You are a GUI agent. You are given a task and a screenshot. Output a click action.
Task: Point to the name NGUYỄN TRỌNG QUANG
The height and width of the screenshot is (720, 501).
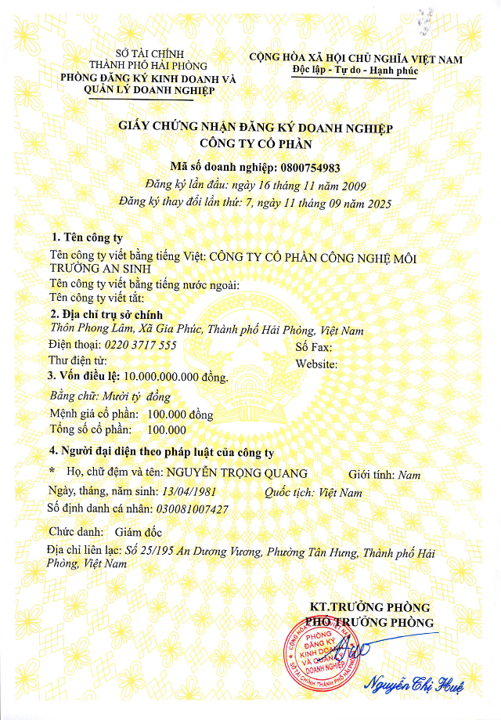coord(242,474)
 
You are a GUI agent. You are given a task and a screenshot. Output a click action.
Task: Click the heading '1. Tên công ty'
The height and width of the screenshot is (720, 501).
coord(86,237)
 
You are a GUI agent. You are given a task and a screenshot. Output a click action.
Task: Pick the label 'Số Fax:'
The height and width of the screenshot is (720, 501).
coord(314,347)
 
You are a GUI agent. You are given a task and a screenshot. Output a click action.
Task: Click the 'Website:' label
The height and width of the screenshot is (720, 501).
coord(316,364)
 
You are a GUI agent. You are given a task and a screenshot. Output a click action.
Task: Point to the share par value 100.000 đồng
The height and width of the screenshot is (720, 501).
coord(180,414)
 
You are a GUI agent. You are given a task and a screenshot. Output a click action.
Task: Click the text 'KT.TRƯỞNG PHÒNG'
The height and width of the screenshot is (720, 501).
coord(370,607)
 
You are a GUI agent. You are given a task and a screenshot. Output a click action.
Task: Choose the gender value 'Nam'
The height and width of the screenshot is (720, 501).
coord(409,475)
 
